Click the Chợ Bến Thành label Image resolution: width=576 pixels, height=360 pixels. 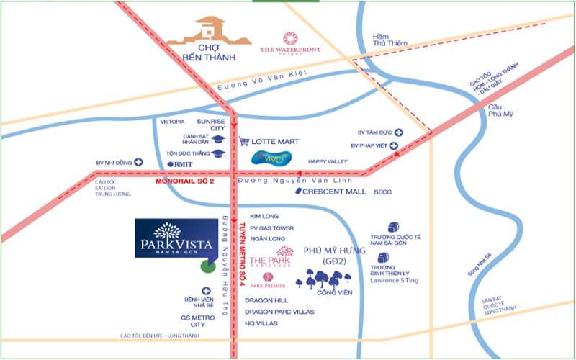pyautogui.click(x=200, y=52)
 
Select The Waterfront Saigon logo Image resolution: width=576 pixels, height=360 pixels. pyautogui.click(x=290, y=42)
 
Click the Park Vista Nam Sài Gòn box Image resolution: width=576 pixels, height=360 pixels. pyautogui.click(x=176, y=238)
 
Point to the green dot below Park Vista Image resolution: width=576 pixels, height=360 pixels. pyautogui.click(x=207, y=265)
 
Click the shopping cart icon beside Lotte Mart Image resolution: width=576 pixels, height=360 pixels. pyautogui.click(x=244, y=142)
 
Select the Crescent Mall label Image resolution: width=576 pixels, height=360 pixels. pyautogui.click(x=334, y=192)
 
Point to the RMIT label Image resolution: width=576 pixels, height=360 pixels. pyautogui.click(x=183, y=164)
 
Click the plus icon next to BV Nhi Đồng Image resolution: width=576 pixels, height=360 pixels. pyautogui.click(x=138, y=163)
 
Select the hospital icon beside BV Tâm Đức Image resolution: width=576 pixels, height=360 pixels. pyautogui.click(x=398, y=132)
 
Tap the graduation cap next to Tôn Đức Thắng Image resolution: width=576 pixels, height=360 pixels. pyautogui.click(x=218, y=153)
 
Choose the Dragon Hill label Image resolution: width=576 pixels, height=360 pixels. pyautogui.click(x=266, y=300)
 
